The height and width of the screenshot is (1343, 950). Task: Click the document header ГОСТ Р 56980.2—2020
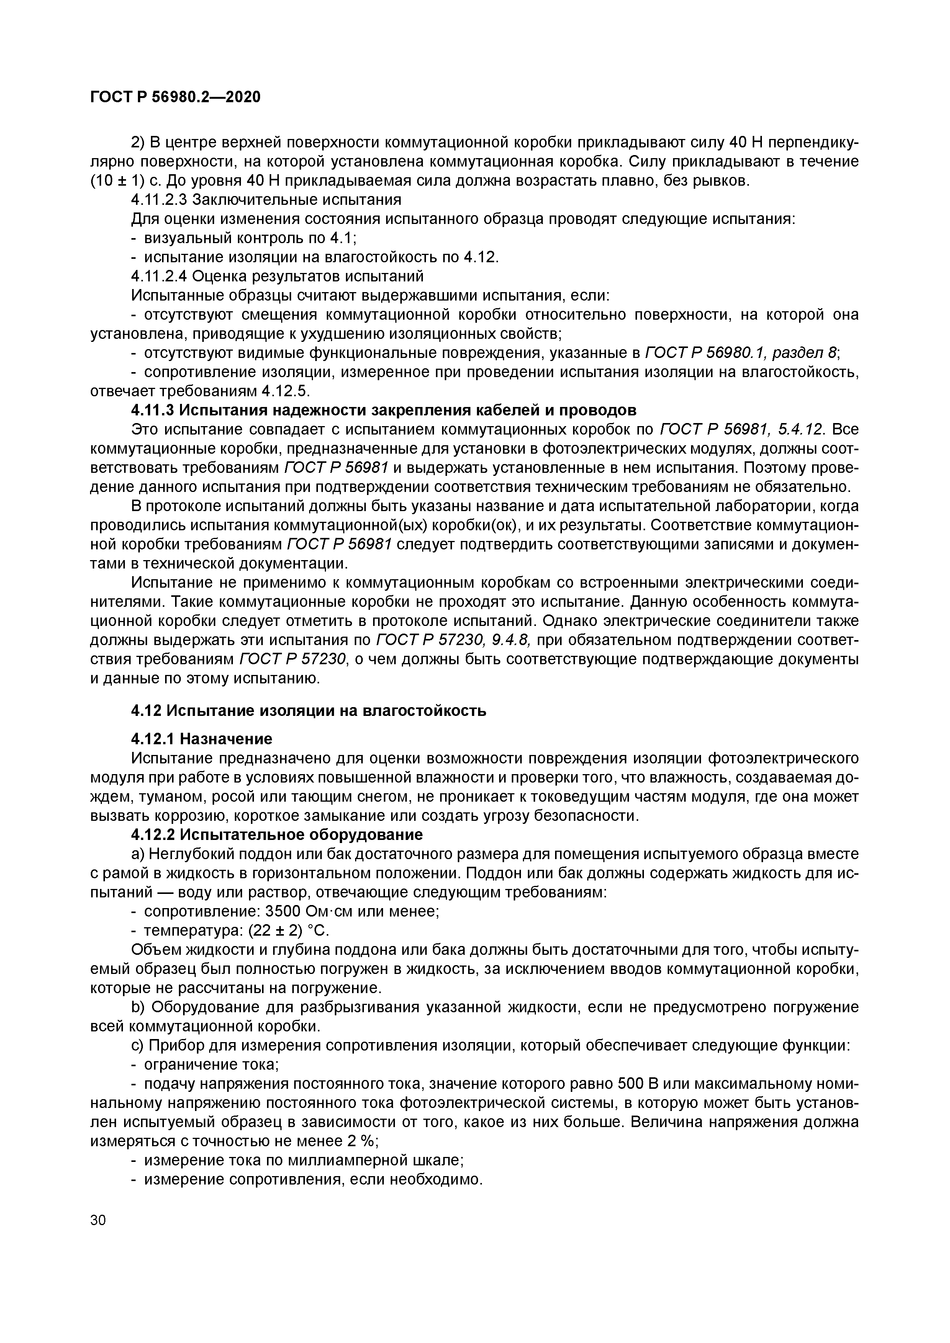pos(175,97)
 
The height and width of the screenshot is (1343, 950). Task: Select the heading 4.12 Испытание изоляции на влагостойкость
pos(308,711)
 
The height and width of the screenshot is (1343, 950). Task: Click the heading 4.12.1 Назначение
pos(201,739)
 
